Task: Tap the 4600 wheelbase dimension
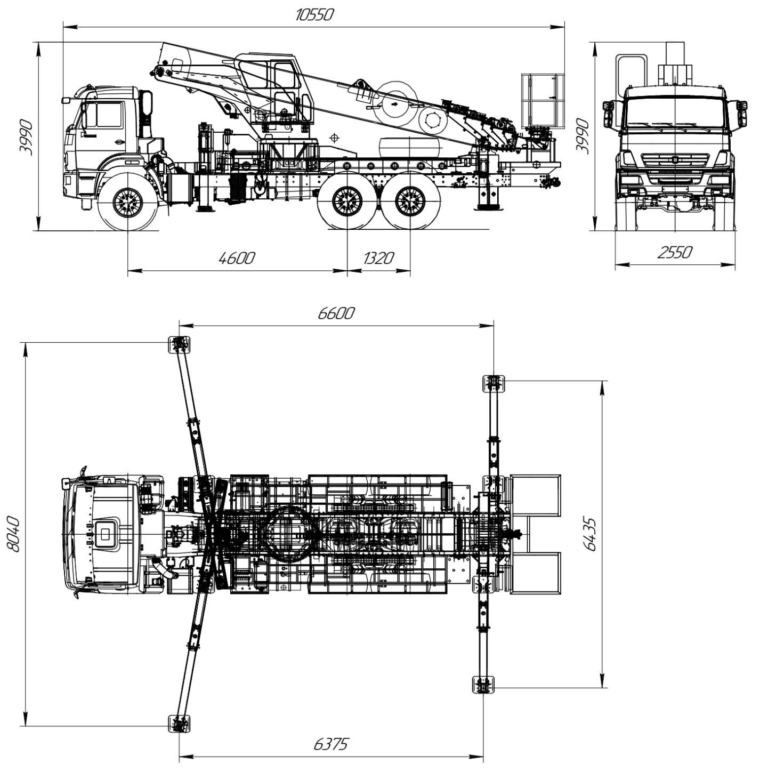point(237,258)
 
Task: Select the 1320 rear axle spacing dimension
point(378,258)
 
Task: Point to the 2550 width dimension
point(675,252)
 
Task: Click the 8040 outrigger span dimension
point(13,534)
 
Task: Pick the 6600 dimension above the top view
point(336,313)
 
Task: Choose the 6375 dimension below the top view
point(331,744)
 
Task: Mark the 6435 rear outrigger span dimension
point(591,534)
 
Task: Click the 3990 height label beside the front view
point(583,136)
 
